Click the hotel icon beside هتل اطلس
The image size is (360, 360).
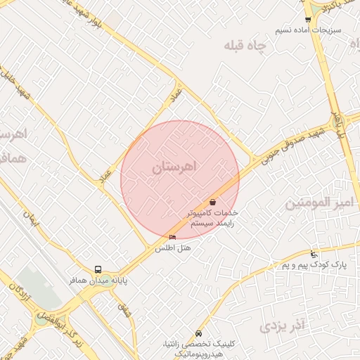point(173,238)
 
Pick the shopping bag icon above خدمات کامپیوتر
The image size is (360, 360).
point(212,202)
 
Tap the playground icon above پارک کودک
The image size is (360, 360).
point(314,254)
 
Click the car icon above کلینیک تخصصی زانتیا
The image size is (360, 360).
point(199,332)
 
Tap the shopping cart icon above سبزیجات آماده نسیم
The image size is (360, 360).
point(308,19)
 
